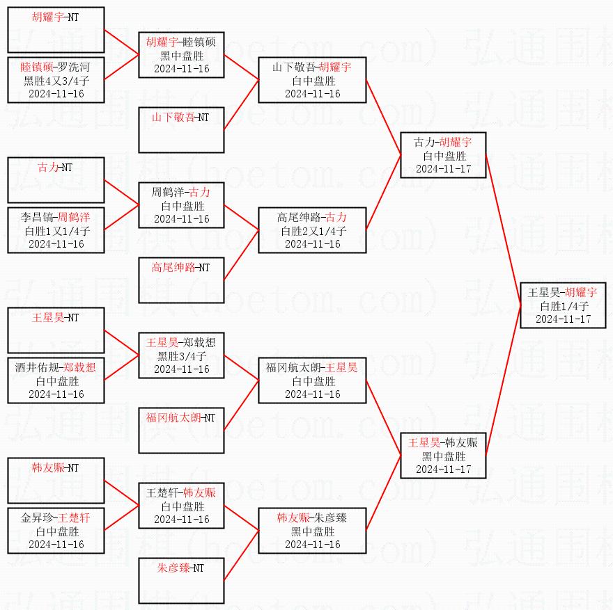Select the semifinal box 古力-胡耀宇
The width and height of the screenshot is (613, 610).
[x=442, y=155]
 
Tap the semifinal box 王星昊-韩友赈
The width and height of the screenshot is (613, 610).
[x=442, y=455]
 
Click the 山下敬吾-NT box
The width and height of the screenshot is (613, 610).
[x=181, y=130]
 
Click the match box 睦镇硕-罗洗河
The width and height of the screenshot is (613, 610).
[x=56, y=80]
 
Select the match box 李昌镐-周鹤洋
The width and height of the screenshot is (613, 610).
[x=56, y=230]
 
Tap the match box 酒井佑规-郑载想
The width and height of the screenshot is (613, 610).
[x=56, y=380]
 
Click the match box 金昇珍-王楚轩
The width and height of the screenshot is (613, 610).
[x=56, y=531]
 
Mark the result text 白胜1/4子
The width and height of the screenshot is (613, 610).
[x=564, y=305]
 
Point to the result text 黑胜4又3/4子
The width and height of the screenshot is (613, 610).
[x=56, y=81]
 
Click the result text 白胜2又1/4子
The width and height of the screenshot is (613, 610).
[x=312, y=231]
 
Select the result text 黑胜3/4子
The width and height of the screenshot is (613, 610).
[x=181, y=356]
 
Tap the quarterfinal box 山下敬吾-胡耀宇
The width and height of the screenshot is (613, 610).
[x=312, y=80]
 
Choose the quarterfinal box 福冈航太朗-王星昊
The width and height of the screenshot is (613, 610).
[x=312, y=380]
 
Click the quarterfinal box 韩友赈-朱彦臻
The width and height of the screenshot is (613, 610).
[x=312, y=531]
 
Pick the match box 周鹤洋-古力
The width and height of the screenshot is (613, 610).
[x=181, y=205]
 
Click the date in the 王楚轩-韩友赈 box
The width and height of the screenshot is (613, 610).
[x=181, y=519]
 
